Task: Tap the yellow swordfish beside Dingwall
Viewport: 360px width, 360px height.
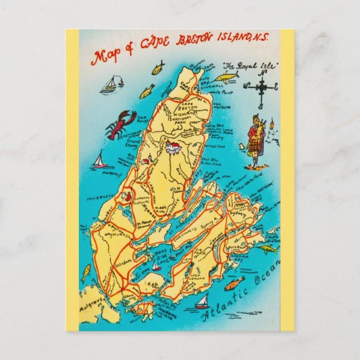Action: pyautogui.click(x=225, y=77)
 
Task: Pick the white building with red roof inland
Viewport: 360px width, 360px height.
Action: pyautogui.click(x=172, y=148)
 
